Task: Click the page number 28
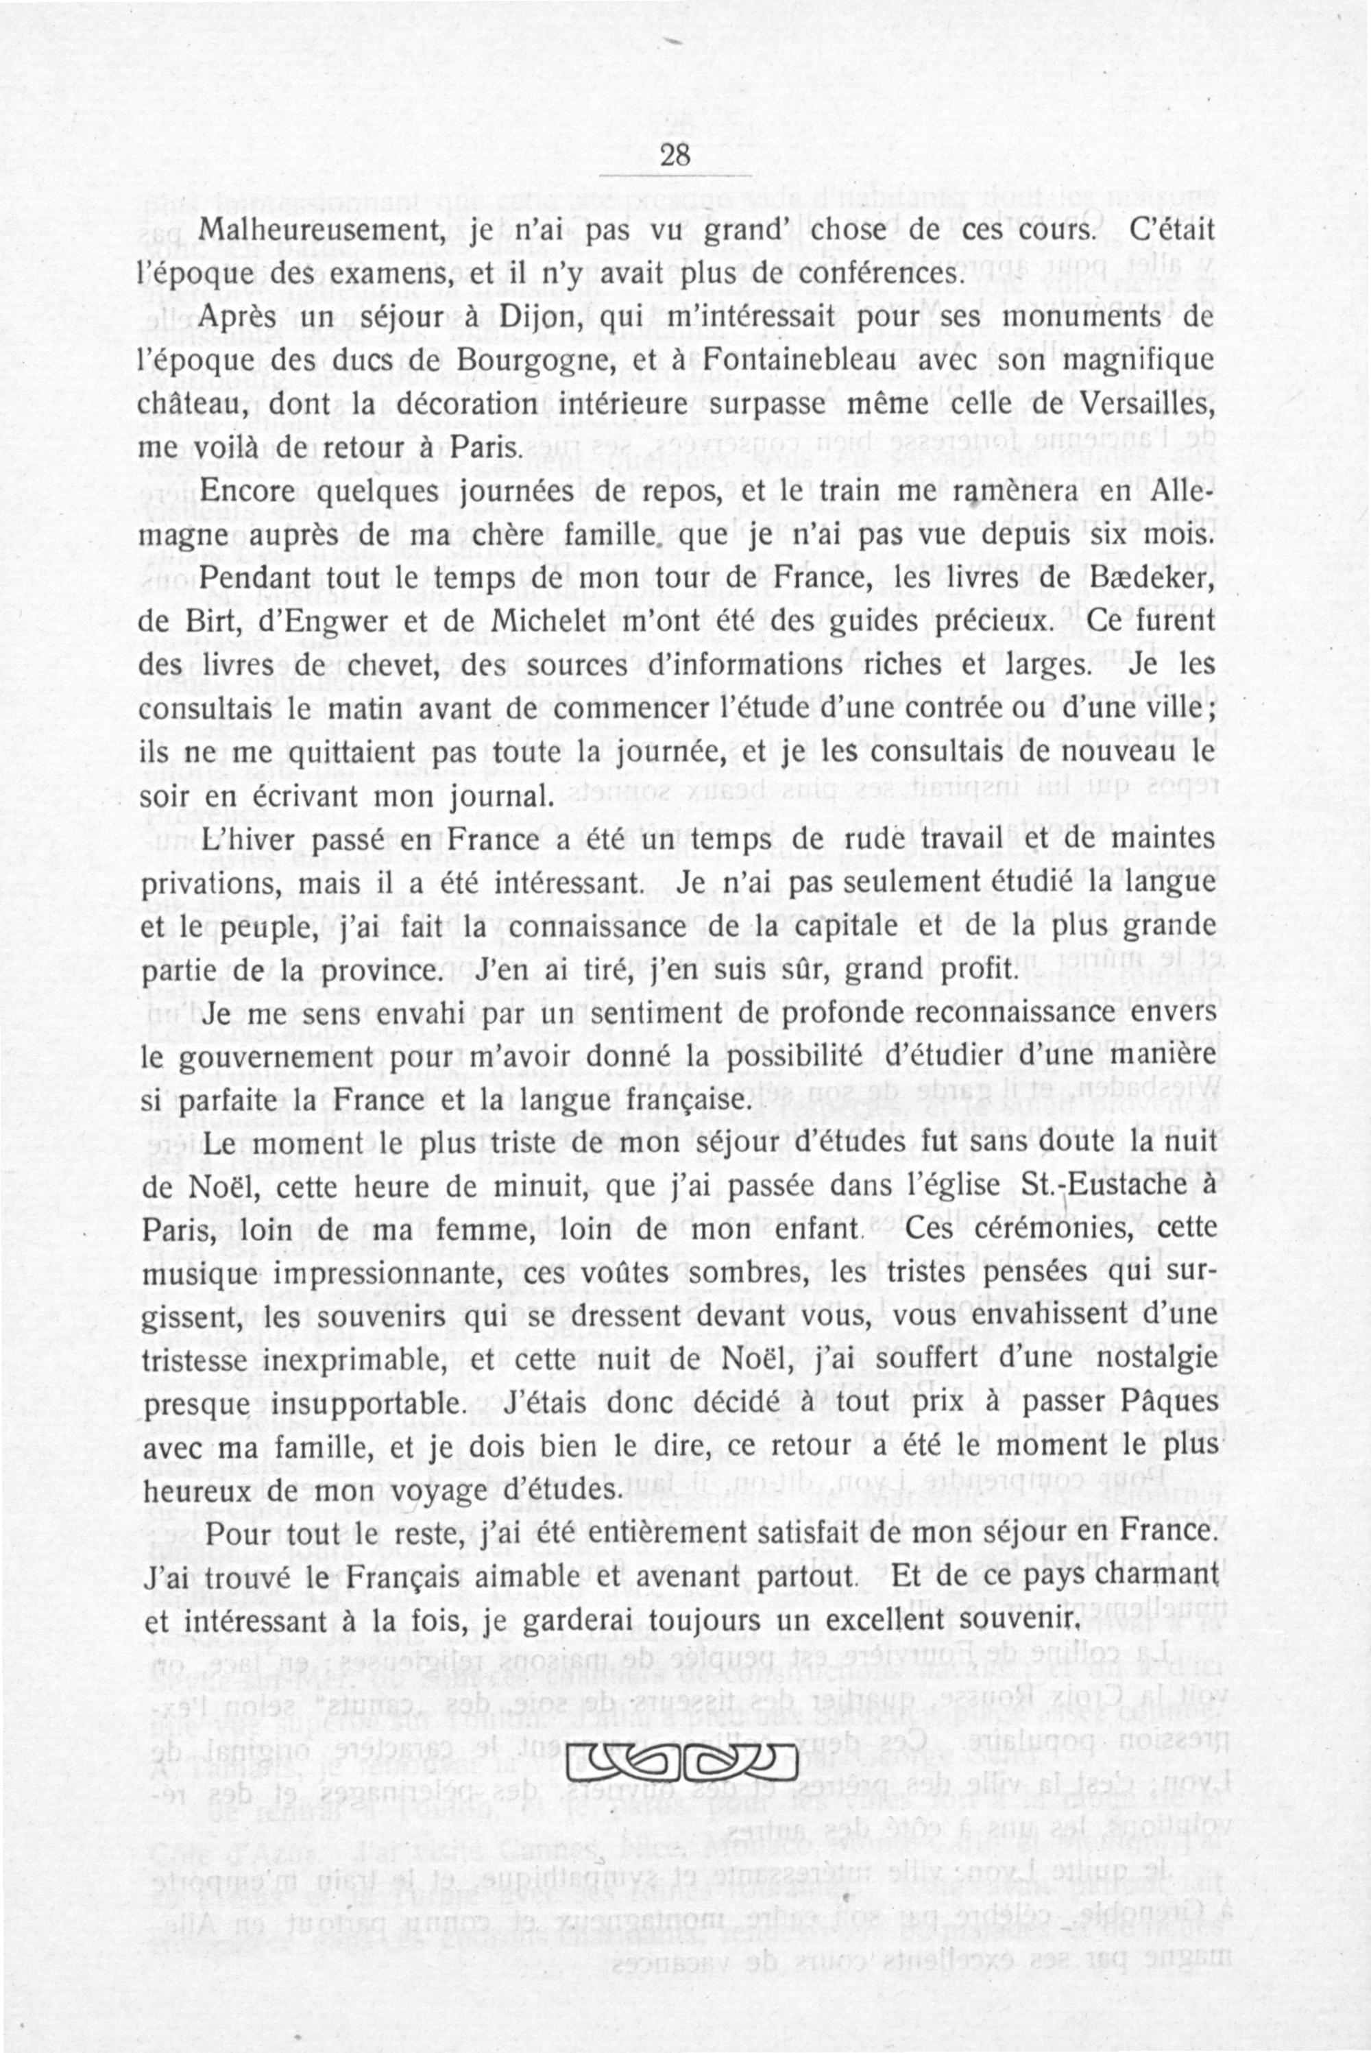[676, 156]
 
